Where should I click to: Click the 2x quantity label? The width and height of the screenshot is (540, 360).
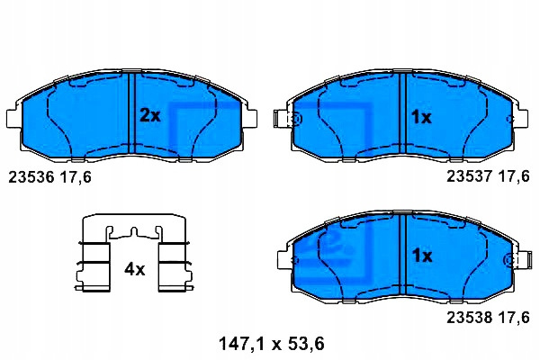coord(149,115)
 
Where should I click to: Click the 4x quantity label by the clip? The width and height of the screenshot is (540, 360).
coord(135,269)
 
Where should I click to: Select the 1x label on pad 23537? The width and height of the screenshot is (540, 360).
coord(421,118)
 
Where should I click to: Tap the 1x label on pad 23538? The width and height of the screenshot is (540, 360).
coord(422,256)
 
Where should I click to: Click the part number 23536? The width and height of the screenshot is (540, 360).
coord(31,177)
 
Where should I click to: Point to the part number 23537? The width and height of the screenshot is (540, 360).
coord(470,176)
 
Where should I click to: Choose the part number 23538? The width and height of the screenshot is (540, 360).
coord(470,317)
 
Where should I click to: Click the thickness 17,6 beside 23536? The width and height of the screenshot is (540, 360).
coord(76,178)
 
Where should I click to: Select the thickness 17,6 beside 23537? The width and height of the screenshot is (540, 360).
coord(514,177)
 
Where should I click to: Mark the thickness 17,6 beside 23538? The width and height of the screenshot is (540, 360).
coord(514,318)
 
